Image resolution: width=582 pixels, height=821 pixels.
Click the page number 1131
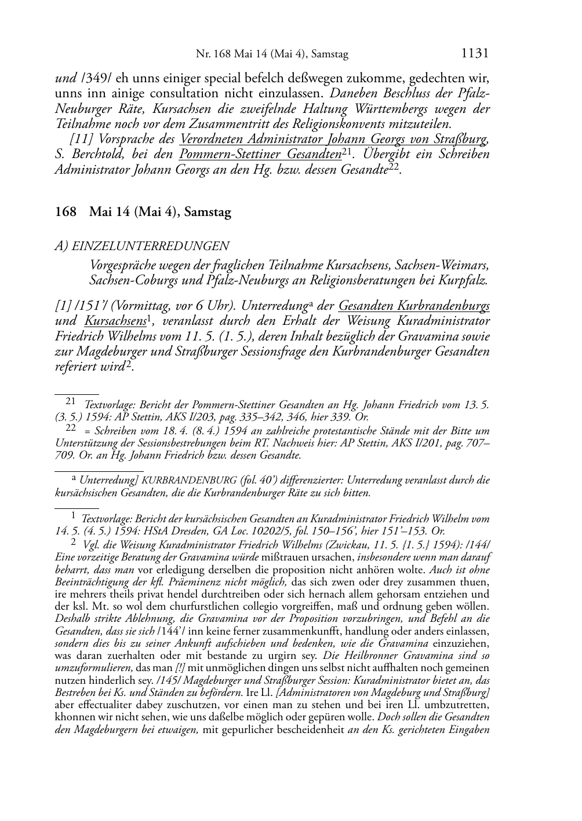[475, 53]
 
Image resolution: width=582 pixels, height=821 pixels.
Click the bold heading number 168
[65, 212]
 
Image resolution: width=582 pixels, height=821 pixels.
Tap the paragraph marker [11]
[82, 139]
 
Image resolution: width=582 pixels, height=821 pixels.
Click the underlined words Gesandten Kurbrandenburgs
[414, 305]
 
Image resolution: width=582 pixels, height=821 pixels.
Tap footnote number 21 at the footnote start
[71, 401]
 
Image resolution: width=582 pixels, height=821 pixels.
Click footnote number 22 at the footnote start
[71, 428]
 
